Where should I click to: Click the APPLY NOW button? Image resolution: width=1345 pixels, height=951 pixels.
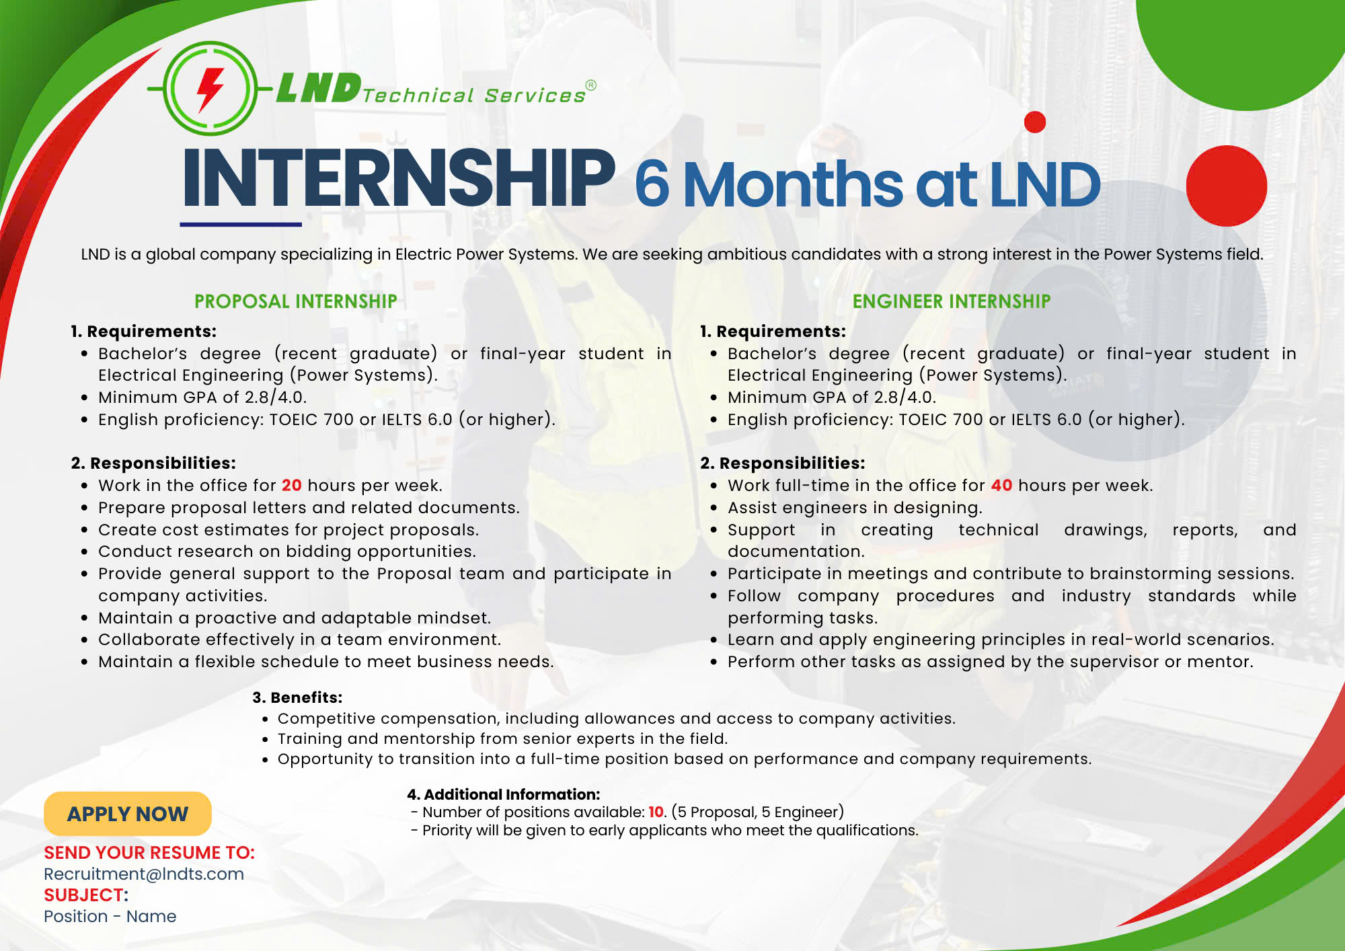tap(128, 814)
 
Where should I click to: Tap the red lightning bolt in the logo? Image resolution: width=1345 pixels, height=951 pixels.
tap(210, 89)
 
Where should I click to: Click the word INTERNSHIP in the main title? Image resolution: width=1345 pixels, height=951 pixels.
tap(399, 178)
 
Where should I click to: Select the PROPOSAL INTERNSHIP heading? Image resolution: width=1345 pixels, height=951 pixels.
tap(296, 301)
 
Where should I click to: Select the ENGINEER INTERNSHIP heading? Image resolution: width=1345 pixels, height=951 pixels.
tap(952, 301)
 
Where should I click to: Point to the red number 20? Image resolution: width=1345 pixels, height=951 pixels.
tap(291, 486)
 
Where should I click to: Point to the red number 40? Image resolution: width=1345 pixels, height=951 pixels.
tap(1001, 486)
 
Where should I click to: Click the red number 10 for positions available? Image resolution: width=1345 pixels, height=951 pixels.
tap(656, 812)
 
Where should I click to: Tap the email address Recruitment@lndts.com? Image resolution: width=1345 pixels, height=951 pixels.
tap(144, 874)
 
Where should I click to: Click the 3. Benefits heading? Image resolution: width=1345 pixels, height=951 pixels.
tap(297, 697)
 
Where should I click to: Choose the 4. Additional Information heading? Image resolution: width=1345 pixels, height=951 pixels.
tap(503, 794)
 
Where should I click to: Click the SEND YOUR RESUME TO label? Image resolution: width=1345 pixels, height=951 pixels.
tap(149, 853)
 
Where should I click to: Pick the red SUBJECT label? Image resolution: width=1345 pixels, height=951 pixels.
tap(86, 895)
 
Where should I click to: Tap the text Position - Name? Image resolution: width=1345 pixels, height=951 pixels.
tap(110, 917)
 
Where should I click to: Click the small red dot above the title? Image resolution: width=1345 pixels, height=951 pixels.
tap(1035, 122)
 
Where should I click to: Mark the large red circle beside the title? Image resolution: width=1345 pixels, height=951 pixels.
tap(1227, 186)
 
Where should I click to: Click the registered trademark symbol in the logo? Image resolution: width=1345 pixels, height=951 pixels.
tap(590, 85)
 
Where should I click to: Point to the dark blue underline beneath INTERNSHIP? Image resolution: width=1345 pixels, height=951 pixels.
tap(241, 224)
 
